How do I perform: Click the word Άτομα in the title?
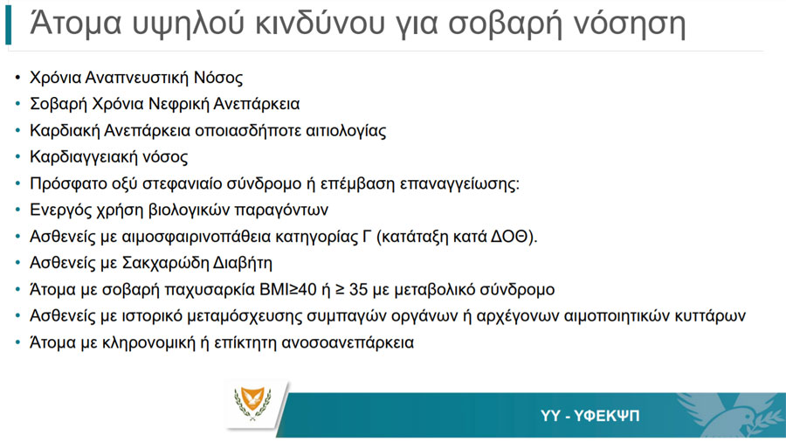(x=76, y=23)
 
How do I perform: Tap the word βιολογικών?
(x=189, y=210)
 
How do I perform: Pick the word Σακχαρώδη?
(x=166, y=263)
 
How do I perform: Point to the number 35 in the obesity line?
(x=358, y=290)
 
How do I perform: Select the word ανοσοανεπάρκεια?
(x=348, y=342)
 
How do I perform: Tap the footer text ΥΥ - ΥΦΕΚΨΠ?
(x=590, y=416)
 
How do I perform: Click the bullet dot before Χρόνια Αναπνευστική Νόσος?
(x=18, y=78)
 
